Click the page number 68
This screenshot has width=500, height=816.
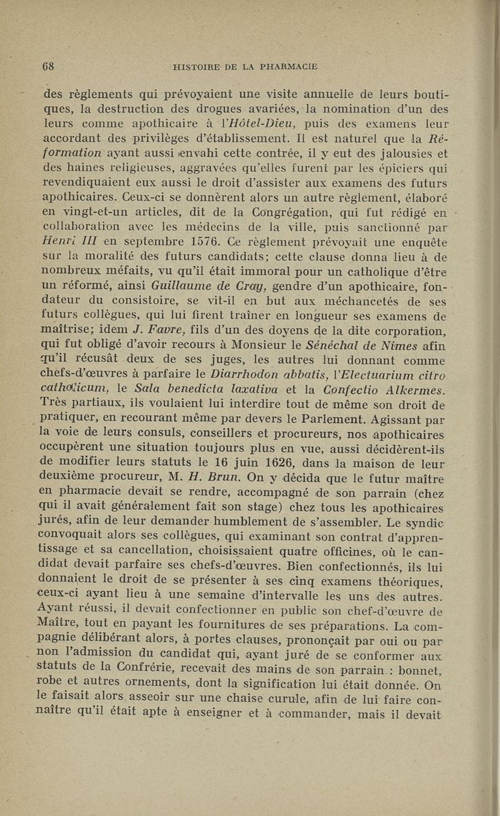(x=49, y=65)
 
